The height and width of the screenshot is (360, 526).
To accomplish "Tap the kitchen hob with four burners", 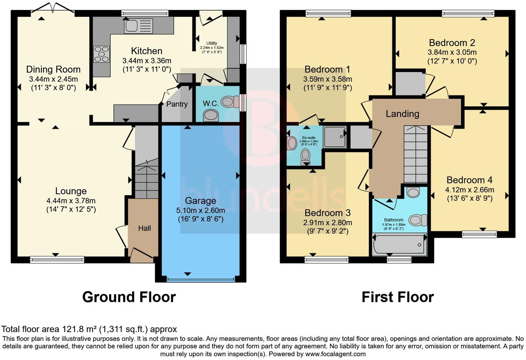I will click(x=101, y=54).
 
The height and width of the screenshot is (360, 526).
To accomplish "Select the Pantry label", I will click(x=177, y=104).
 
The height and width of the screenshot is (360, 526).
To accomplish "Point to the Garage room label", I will click(x=200, y=201).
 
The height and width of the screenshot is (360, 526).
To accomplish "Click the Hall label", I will click(x=144, y=228).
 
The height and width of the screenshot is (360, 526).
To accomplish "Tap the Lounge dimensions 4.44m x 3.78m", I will click(x=71, y=201).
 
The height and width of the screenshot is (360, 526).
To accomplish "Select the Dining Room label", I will click(x=53, y=70).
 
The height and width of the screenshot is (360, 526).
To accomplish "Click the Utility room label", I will click(x=211, y=43).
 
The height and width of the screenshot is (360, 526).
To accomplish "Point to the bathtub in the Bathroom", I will click(x=399, y=244).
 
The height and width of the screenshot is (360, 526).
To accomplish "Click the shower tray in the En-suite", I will click(x=335, y=136).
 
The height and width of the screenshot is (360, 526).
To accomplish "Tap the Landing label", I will click(x=402, y=114).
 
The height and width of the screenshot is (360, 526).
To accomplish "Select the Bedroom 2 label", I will click(x=452, y=43).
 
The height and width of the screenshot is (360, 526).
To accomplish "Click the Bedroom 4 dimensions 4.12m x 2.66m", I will click(x=469, y=190).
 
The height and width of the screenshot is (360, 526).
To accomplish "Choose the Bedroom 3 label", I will click(x=327, y=213).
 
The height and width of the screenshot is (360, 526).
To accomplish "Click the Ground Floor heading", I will click(x=129, y=297).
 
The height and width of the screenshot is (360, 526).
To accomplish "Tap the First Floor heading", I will click(x=397, y=297).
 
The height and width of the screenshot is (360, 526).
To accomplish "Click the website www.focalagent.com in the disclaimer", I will click(x=335, y=354).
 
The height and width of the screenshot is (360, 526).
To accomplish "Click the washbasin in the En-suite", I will click(x=292, y=143).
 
